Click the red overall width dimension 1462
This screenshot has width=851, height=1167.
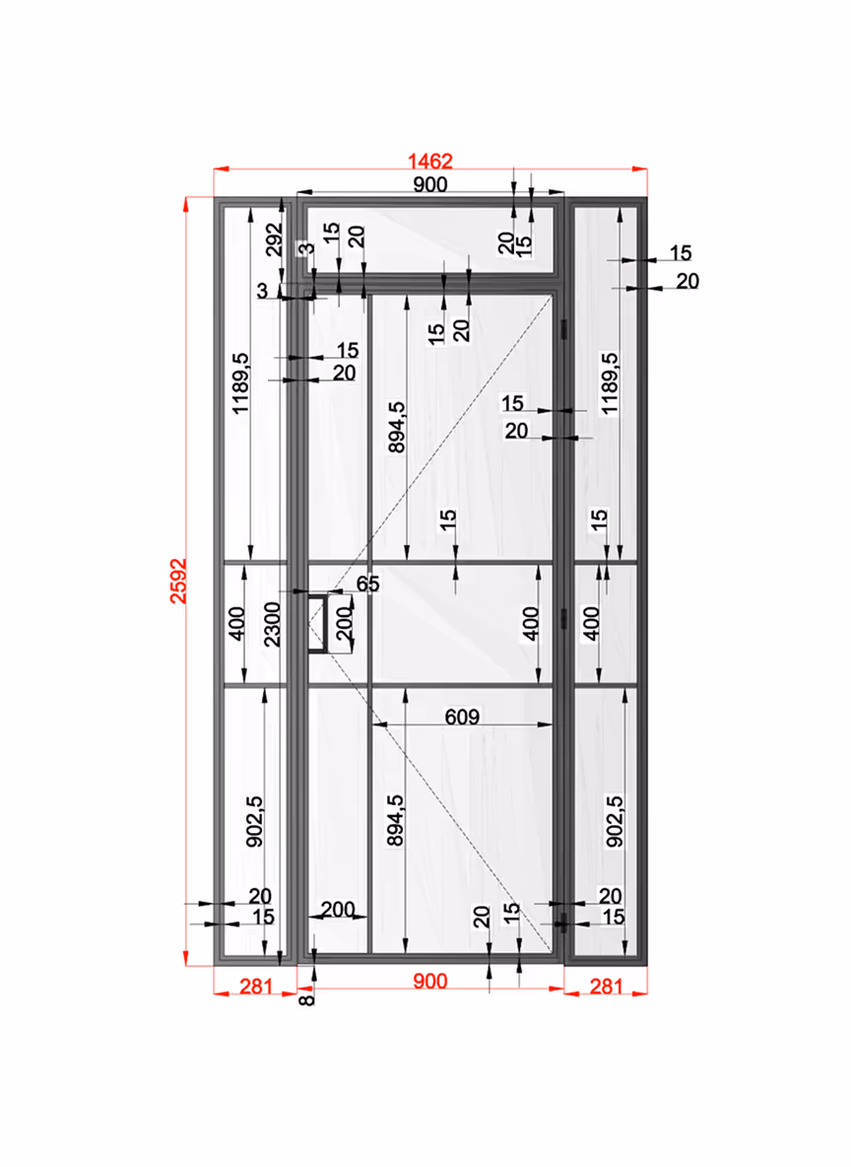430,161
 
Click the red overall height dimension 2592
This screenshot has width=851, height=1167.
178,581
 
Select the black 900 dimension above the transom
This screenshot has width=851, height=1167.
430,184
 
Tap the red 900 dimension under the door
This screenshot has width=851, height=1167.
430,981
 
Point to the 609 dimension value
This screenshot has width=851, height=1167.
462,717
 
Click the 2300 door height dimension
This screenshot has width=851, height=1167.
272,625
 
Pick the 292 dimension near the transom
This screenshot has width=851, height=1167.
275,240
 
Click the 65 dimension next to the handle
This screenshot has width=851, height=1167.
367,583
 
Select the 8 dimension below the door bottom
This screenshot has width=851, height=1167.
306,999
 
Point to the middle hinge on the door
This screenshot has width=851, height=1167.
563,618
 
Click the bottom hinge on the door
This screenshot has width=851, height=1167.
563,923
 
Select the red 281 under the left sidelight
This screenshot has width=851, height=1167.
256,987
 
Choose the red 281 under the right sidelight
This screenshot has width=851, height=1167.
607,987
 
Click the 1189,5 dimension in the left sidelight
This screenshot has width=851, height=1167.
240,383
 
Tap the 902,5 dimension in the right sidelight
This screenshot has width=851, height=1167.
615,821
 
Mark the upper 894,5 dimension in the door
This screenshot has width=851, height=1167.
397,427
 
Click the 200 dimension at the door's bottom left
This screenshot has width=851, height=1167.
338,909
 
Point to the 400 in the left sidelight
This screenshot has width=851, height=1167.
236,624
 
